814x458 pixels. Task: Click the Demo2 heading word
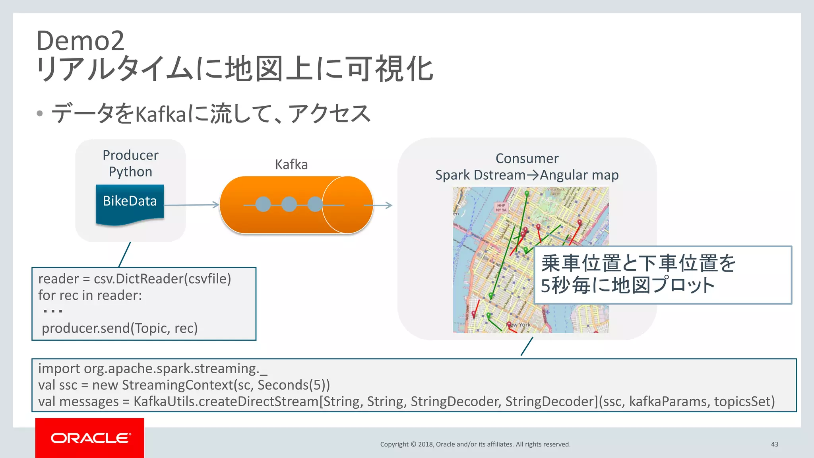80,41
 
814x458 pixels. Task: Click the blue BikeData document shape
130,203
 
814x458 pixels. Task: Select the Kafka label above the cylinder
291,165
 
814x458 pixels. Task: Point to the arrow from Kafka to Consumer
378,205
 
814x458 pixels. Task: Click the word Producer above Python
130,155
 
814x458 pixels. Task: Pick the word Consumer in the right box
527,159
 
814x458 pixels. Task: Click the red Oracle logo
90,438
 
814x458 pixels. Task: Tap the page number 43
774,444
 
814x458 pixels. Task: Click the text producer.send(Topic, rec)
120,328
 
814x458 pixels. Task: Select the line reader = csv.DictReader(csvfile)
134,279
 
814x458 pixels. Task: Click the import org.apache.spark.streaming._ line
153,369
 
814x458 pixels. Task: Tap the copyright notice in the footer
475,444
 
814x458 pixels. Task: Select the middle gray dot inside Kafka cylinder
289,204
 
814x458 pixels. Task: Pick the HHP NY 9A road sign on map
501,208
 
